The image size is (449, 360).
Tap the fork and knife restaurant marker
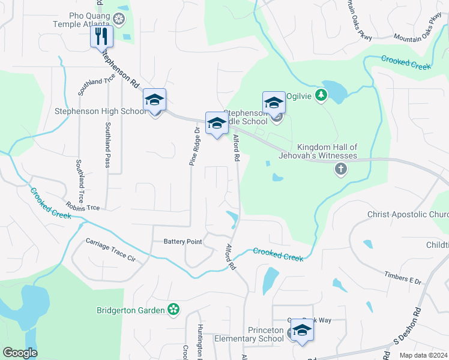click(101, 37)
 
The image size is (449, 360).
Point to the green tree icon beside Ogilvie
click(321, 95)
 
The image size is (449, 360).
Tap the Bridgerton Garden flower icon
click(173, 310)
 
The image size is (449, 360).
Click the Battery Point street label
click(182, 241)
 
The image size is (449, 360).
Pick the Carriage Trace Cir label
click(111, 250)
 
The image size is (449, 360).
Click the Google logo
click(20, 353)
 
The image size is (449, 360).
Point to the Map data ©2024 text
click(423, 355)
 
